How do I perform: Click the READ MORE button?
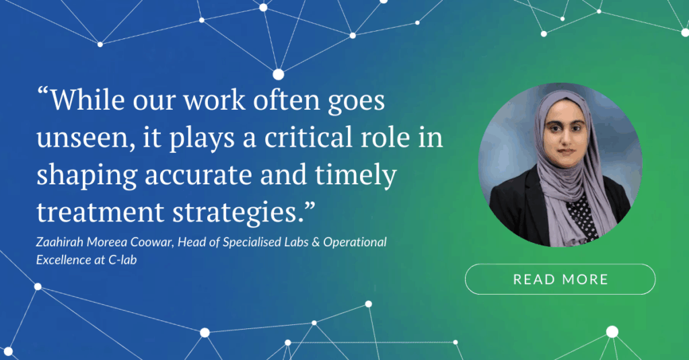click(560, 279)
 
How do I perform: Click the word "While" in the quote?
click(87, 100)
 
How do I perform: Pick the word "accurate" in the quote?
click(198, 176)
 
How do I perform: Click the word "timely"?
click(356, 176)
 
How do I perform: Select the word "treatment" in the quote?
click(100, 213)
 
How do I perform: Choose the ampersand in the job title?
click(316, 242)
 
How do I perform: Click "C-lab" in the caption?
click(122, 260)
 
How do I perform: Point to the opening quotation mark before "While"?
click(42, 92)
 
